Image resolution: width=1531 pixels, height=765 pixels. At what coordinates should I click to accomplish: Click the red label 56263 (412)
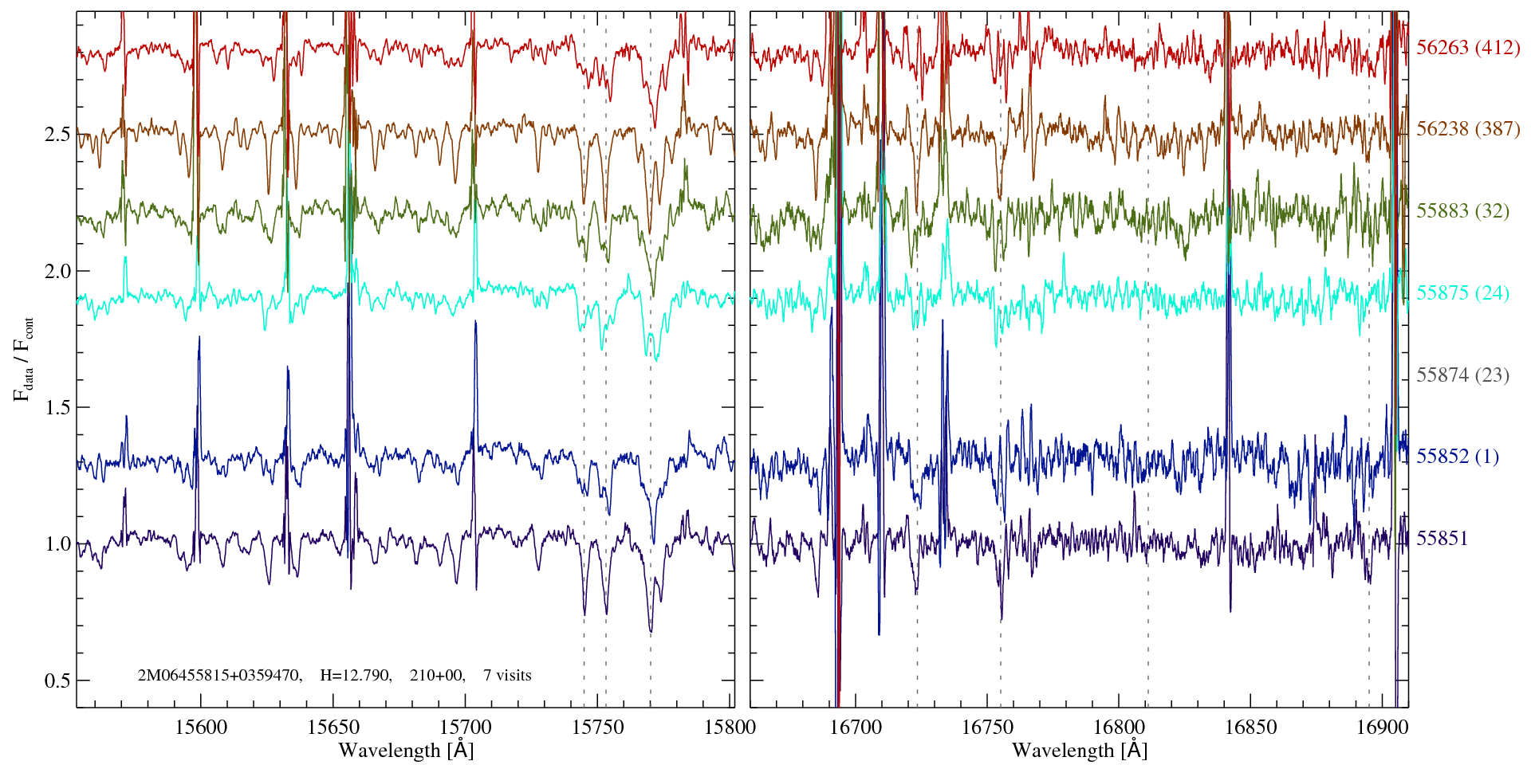pos(1467,48)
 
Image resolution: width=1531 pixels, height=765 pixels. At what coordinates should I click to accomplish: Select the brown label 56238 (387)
pos(1467,129)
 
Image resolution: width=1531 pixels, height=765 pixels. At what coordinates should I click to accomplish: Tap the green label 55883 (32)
pos(1462,211)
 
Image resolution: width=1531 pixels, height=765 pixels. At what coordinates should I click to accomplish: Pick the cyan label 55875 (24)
pos(1462,293)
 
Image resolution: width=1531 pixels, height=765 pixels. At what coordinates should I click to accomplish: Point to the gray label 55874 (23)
pos(1462,375)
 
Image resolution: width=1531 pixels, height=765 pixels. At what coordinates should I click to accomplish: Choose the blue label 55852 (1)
pos(1457,457)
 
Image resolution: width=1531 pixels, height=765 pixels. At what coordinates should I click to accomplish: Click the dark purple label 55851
pos(1442,539)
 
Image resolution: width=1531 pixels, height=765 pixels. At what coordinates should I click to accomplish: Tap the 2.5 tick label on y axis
pos(57,134)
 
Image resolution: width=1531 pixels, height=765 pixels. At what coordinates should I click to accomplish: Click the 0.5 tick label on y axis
pos(57,681)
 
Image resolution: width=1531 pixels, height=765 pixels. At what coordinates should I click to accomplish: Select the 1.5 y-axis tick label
pos(57,408)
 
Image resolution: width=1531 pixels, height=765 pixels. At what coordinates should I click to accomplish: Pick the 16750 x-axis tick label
pos(986,728)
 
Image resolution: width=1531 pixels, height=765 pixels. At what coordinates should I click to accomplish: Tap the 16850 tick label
pos(1250,728)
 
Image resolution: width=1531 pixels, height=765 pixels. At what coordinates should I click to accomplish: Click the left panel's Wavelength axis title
pos(405,751)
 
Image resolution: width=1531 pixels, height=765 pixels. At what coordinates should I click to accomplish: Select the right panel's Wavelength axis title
pos(1079,751)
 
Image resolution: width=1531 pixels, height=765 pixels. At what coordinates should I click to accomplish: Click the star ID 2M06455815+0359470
pos(219,676)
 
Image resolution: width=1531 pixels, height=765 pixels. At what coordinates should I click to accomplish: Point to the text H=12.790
pos(355,676)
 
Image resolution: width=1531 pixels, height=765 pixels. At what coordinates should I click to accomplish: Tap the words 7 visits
pos(507,676)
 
